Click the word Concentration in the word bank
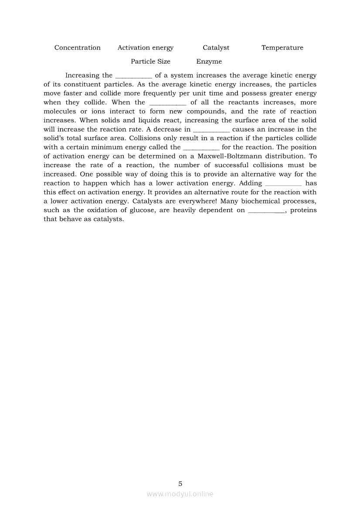[x=77, y=48]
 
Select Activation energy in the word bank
[x=145, y=48]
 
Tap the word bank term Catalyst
[x=216, y=48]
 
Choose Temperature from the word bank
[x=282, y=48]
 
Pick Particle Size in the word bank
[x=150, y=62]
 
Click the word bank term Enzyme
[x=209, y=62]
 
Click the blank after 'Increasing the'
[x=133, y=76]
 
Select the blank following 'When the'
[x=168, y=103]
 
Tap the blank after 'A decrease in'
[x=211, y=130]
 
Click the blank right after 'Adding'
[x=283, y=184]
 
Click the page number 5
[x=180, y=483]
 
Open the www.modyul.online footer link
[x=180, y=494]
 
